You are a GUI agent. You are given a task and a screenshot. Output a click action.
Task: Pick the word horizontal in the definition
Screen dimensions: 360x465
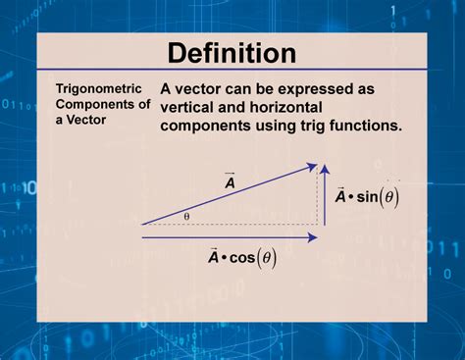311,107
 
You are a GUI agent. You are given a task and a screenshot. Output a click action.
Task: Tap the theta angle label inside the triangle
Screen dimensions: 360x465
186,216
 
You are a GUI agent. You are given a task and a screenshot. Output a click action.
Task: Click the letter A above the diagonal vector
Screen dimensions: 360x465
229,182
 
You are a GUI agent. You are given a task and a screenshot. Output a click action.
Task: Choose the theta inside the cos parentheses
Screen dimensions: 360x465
268,259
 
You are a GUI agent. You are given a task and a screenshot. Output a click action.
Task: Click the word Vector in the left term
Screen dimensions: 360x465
84,121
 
